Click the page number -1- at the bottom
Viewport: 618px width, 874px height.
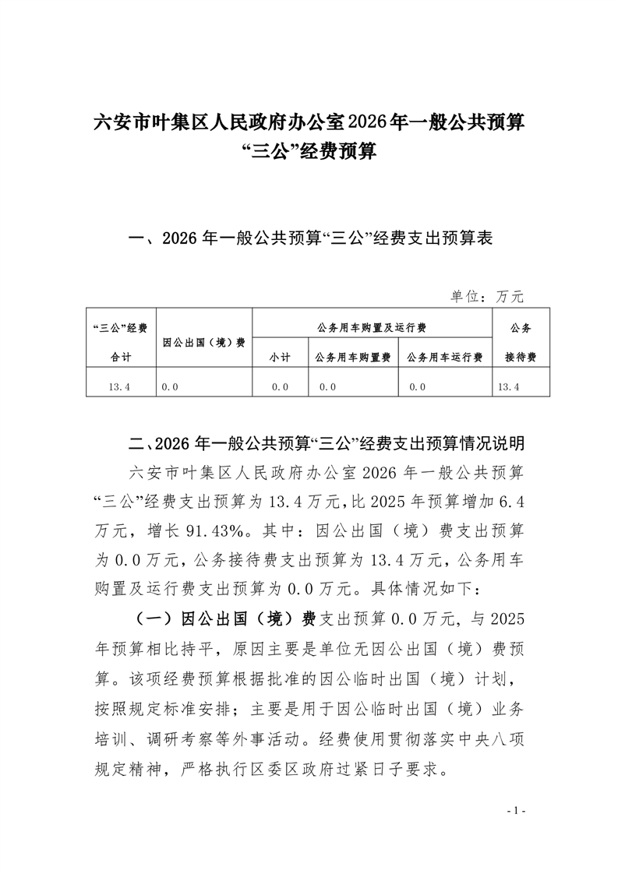click(x=517, y=812)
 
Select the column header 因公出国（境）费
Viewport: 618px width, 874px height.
click(x=204, y=342)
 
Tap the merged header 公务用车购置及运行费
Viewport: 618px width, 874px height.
click(x=372, y=327)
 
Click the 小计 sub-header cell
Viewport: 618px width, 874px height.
click(x=280, y=357)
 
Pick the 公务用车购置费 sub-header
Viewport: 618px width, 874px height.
click(x=352, y=357)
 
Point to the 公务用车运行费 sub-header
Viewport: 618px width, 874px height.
click(x=444, y=357)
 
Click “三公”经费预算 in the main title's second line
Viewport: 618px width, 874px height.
click(x=309, y=151)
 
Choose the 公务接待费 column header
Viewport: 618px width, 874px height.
click(x=521, y=342)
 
